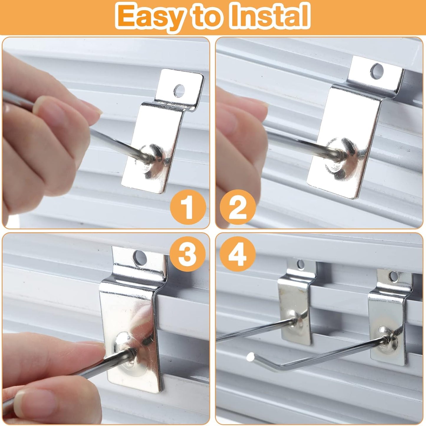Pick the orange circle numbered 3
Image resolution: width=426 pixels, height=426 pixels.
[188, 254]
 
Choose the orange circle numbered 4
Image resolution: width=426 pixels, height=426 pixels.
[238, 254]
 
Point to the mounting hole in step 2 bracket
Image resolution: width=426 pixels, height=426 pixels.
[377, 70]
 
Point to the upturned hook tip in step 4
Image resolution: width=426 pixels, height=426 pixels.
[251, 357]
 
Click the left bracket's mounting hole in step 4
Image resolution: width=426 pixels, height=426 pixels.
[300, 264]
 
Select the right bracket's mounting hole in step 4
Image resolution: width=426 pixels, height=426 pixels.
[394, 276]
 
